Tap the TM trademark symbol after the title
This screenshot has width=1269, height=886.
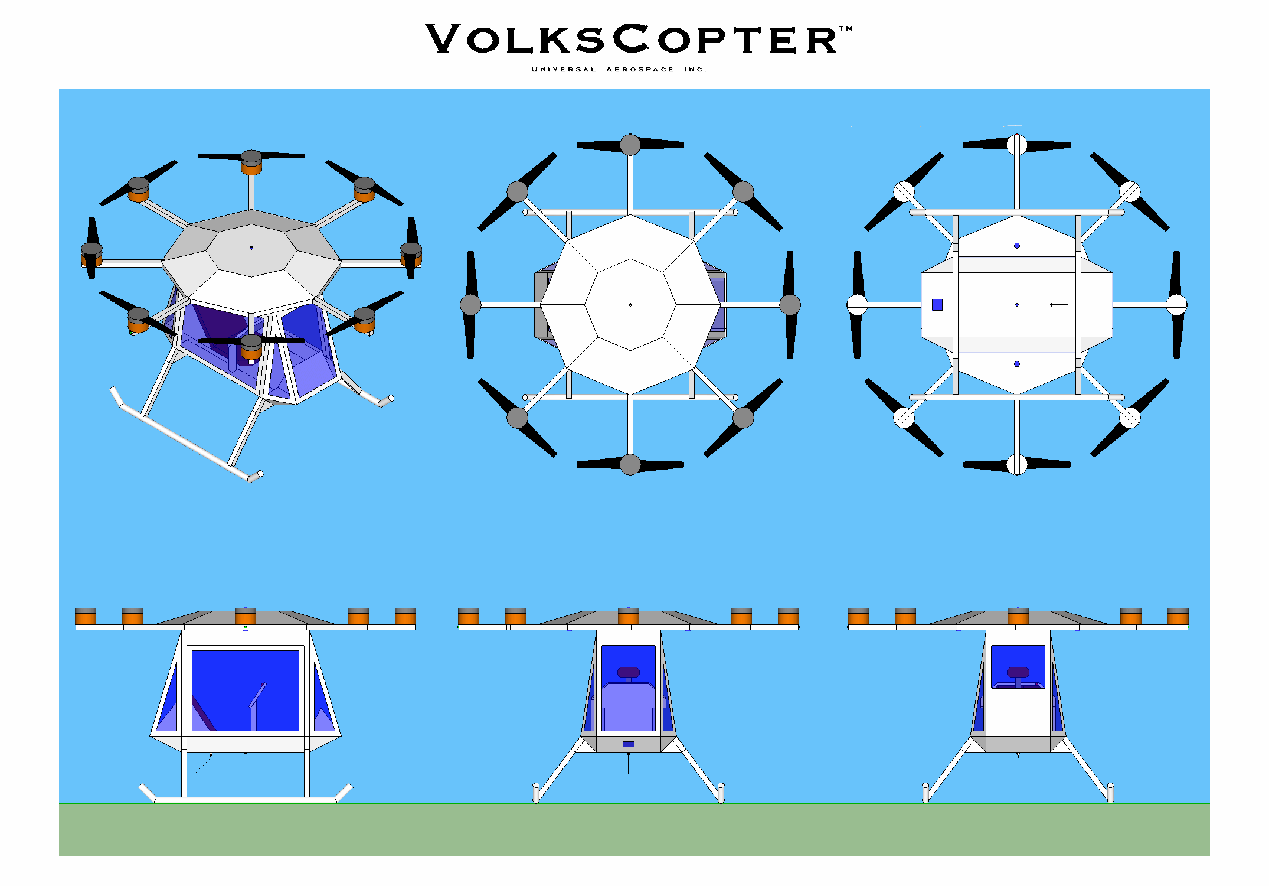[x=846, y=28]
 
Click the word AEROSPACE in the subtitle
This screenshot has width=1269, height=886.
[x=640, y=70]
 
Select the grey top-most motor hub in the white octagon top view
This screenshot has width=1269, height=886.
[x=630, y=145]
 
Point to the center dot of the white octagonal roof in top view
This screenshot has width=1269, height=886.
[x=630, y=305]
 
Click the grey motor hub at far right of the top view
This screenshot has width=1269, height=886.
[x=790, y=305]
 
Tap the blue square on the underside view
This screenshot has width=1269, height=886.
[x=937, y=305]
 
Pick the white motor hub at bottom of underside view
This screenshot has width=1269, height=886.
[x=1017, y=464]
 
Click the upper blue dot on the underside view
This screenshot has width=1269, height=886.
[x=1017, y=246]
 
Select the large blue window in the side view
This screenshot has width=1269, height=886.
[x=245, y=690]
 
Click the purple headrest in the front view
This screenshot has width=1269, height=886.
[x=629, y=672]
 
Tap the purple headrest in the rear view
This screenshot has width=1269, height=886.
[x=1018, y=672]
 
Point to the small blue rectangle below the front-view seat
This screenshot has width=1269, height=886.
[x=629, y=744]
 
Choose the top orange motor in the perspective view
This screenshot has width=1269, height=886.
[x=251, y=167]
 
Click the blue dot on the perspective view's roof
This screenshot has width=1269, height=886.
[x=251, y=248]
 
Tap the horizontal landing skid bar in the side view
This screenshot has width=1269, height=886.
[x=245, y=800]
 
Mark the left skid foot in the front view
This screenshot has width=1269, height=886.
[x=536, y=793]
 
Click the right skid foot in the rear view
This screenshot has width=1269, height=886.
[x=1110, y=793]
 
